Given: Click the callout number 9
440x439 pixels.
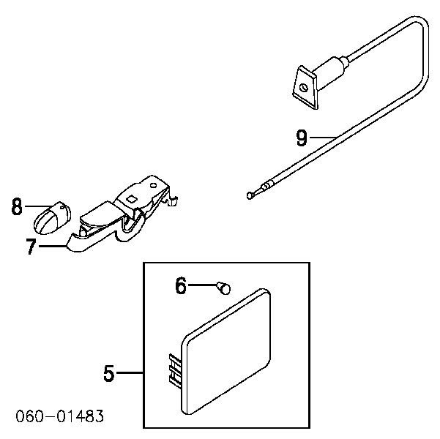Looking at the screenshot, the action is pos(302,138).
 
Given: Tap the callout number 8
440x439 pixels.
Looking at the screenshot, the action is pos(17,206).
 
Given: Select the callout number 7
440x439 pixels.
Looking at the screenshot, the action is pos(31,247).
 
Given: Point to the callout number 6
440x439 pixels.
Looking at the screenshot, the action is pos(180,285).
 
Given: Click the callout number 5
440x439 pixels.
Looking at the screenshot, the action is pos(109,373).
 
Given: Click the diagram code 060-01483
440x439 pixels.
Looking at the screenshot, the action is pos(60,416).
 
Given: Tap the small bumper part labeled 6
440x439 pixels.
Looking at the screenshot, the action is pos(224,288).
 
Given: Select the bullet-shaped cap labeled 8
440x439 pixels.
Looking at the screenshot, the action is pos(53,217).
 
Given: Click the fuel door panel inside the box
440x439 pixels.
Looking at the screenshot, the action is pos(226,351).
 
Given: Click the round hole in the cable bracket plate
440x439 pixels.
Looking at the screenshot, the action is pos(303,88).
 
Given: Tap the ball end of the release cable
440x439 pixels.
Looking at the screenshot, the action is pos(250,195).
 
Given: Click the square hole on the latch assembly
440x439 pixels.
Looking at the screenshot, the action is pos(131,199).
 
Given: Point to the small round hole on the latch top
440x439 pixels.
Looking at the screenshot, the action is pos(153,185).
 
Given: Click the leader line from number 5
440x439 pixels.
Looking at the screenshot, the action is pos(130,372).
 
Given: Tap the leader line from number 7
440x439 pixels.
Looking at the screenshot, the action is pos(53,247).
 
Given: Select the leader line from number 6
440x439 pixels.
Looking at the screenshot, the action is pos(203,285).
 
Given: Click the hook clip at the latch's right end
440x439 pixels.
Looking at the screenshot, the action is pos(172,200).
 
